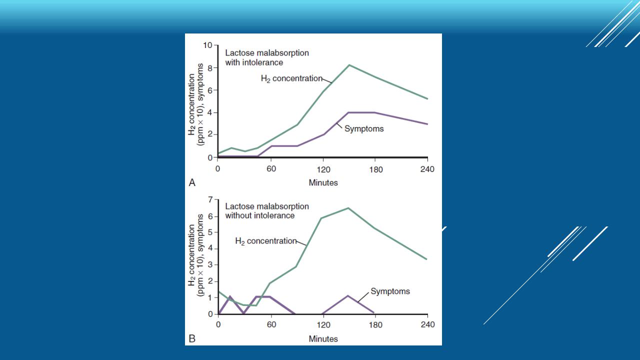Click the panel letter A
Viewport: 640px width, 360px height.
point(192,183)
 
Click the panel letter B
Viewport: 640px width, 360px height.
point(192,339)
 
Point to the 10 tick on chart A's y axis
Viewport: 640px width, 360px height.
point(207,45)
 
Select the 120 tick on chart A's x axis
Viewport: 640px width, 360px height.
point(323,169)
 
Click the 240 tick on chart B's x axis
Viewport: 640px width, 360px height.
point(427,325)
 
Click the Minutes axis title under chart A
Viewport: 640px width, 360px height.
point(323,183)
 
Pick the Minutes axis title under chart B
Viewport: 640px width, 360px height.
point(323,339)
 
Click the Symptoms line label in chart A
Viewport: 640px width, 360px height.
point(364,128)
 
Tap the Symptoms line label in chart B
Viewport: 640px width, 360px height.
point(390,291)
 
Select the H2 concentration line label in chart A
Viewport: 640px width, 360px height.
point(291,78)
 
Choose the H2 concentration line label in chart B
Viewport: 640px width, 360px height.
point(265,241)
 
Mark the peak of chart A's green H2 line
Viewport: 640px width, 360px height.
point(349,65)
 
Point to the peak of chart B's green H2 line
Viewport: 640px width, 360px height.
point(348,208)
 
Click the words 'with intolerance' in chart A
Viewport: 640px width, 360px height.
point(254,62)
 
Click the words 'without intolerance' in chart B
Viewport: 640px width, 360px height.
point(259,215)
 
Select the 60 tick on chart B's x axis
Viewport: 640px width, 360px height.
point(270,325)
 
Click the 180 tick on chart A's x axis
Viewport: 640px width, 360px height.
point(375,169)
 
